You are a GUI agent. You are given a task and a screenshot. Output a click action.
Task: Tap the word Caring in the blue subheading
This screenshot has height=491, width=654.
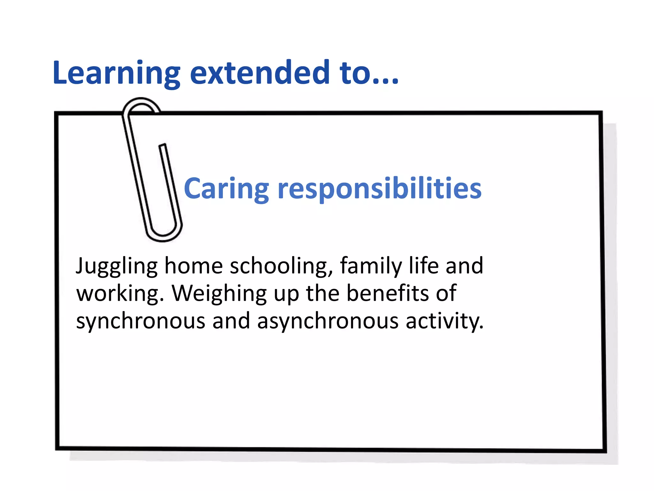pos(226,189)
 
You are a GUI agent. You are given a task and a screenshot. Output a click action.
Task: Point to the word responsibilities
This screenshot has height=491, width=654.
pos(379,189)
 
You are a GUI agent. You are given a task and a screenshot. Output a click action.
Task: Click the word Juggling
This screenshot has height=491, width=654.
pos(117,266)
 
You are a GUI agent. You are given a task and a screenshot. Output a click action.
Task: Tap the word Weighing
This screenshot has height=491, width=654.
pos(219,293)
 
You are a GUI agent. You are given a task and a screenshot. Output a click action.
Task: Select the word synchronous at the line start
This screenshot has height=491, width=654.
pos(141,321)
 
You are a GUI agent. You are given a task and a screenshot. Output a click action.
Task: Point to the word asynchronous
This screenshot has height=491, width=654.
pos(328,321)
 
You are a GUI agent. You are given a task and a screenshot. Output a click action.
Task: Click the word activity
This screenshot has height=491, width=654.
pos(445,321)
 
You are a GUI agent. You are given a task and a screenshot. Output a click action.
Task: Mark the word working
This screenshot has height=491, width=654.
pos(120,293)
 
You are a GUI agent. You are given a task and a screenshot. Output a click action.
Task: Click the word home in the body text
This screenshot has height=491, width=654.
pos(194,266)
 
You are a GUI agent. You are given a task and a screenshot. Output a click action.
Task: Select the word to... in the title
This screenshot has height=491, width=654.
pos(369,74)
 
